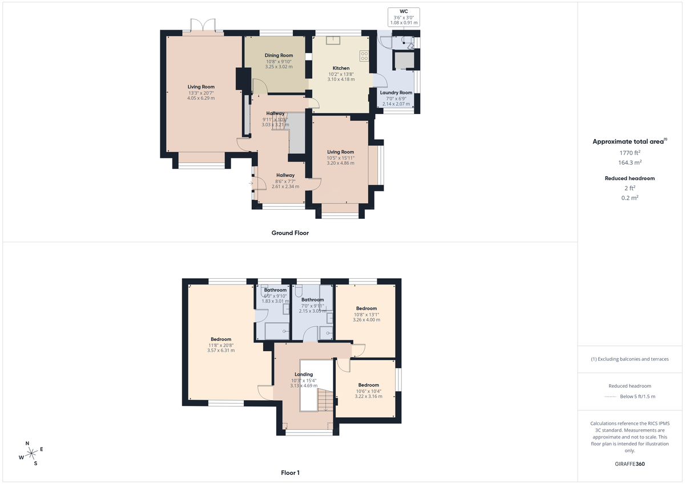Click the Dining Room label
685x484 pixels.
pos(279,55)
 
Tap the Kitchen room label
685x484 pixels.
pos(341,68)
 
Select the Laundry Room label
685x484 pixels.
pos(396,92)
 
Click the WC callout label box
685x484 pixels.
pos(404,17)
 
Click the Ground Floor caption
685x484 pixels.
pos(290,233)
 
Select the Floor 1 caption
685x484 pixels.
pos(290,473)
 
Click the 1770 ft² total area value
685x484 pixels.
pos(630,153)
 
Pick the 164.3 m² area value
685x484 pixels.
pos(630,162)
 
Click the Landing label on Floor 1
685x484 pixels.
pos(304,375)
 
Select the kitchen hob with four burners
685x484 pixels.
pos(364,56)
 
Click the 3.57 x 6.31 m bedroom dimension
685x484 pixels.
pos(221,351)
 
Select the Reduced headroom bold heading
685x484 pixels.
pos(630,178)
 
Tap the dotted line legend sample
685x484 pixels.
pos(611,397)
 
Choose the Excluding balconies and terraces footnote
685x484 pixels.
pos(630,359)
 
